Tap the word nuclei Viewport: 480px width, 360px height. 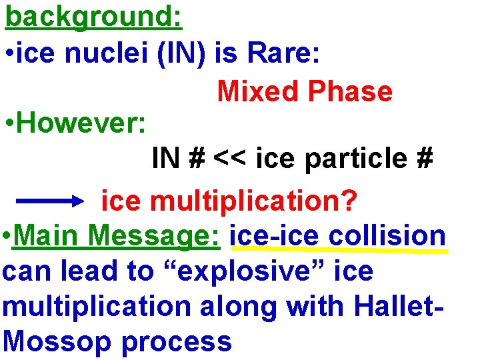(x=111, y=55)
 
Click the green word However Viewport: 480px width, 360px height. (x=80, y=123)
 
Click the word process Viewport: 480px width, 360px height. (x=177, y=341)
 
